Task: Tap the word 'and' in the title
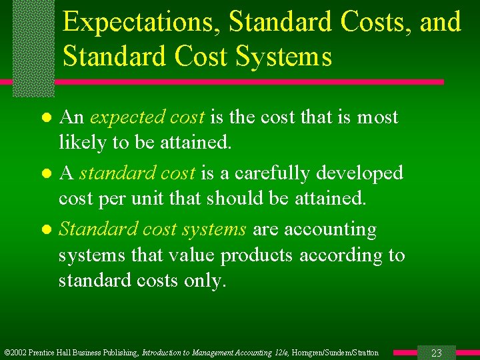coord(440,23)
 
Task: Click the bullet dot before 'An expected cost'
coord(46,119)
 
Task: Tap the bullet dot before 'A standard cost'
coord(46,174)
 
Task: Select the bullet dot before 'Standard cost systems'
coord(46,230)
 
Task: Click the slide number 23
coord(437,353)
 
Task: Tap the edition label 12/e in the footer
coord(277,353)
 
